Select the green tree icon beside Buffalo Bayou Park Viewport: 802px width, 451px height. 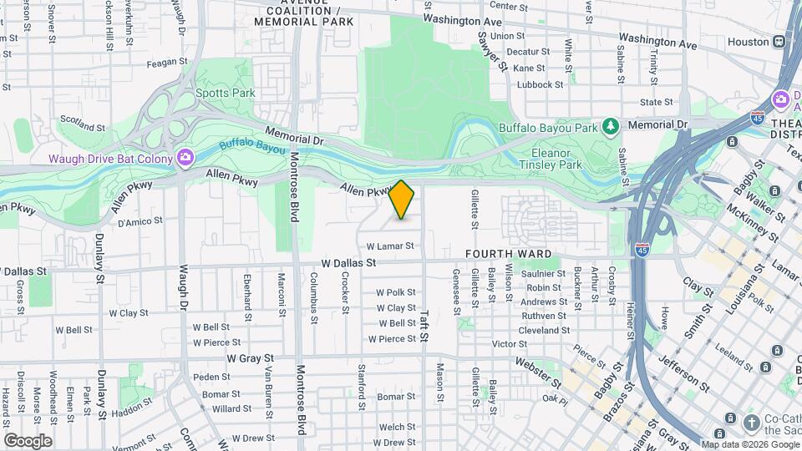612,125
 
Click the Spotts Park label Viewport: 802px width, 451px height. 226,94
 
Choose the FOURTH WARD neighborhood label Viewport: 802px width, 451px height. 510,254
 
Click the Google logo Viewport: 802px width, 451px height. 28,440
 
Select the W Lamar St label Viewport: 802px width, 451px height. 390,246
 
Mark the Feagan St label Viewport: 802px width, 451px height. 167,62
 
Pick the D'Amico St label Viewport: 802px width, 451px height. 139,223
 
